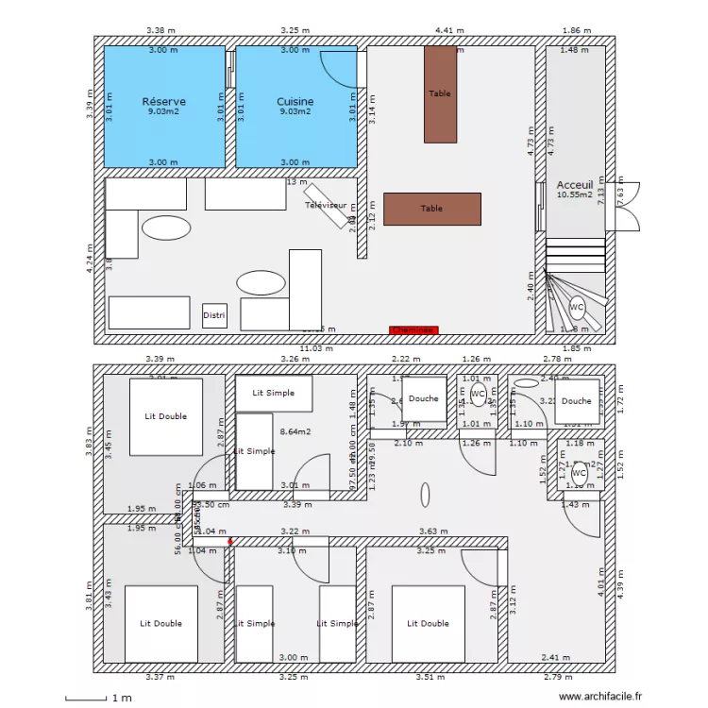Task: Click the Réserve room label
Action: (163, 101)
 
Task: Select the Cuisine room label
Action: (295, 101)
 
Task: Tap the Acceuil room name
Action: (574, 185)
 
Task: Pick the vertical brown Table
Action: (440, 94)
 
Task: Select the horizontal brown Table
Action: (432, 209)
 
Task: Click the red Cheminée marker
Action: (413, 330)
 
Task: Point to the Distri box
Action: (214, 316)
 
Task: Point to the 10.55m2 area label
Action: (574, 195)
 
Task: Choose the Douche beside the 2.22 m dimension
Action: (423, 398)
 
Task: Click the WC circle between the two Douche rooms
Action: (478, 394)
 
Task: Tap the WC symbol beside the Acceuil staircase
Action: (576, 307)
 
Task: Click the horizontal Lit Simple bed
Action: (274, 393)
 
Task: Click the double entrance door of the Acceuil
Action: (623, 205)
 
